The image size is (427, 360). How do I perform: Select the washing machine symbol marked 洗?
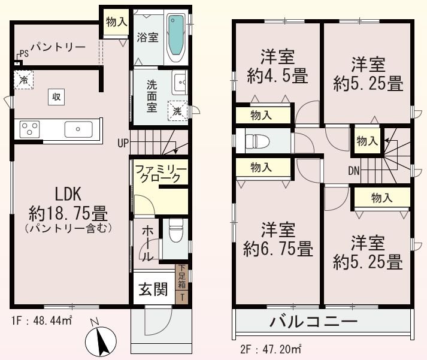click(x=178, y=110)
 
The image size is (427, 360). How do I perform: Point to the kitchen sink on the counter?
click(x=78, y=129)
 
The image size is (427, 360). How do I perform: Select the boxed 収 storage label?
click(x=54, y=96)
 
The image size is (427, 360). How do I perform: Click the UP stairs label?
click(x=123, y=143)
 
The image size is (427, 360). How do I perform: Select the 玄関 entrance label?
click(x=153, y=290)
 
